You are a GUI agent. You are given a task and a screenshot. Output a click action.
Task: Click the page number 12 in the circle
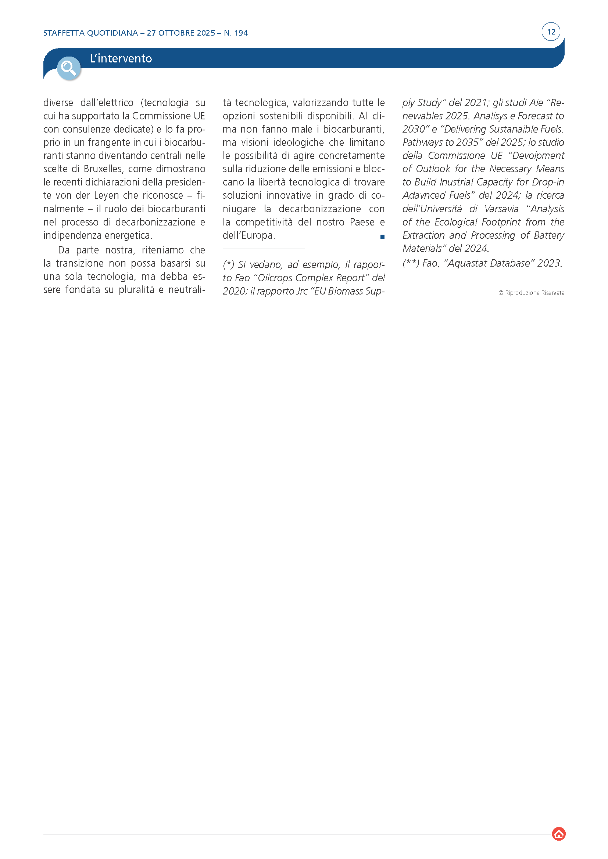click(551, 32)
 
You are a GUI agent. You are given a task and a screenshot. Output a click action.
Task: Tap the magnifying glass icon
click(68, 68)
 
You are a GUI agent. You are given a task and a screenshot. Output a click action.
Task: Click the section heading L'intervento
click(121, 58)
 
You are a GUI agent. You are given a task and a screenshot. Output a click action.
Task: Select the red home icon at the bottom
click(559, 834)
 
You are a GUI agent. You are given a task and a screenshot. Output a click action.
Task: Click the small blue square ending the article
click(382, 237)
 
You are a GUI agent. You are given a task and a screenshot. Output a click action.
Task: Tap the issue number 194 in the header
click(241, 33)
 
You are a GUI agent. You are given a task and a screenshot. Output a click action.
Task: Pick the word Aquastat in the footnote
click(468, 263)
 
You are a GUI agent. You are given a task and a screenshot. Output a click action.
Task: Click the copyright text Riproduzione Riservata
click(534, 293)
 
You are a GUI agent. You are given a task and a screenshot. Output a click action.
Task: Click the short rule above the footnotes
click(264, 249)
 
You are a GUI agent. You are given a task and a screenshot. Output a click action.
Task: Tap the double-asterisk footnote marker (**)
click(411, 263)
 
